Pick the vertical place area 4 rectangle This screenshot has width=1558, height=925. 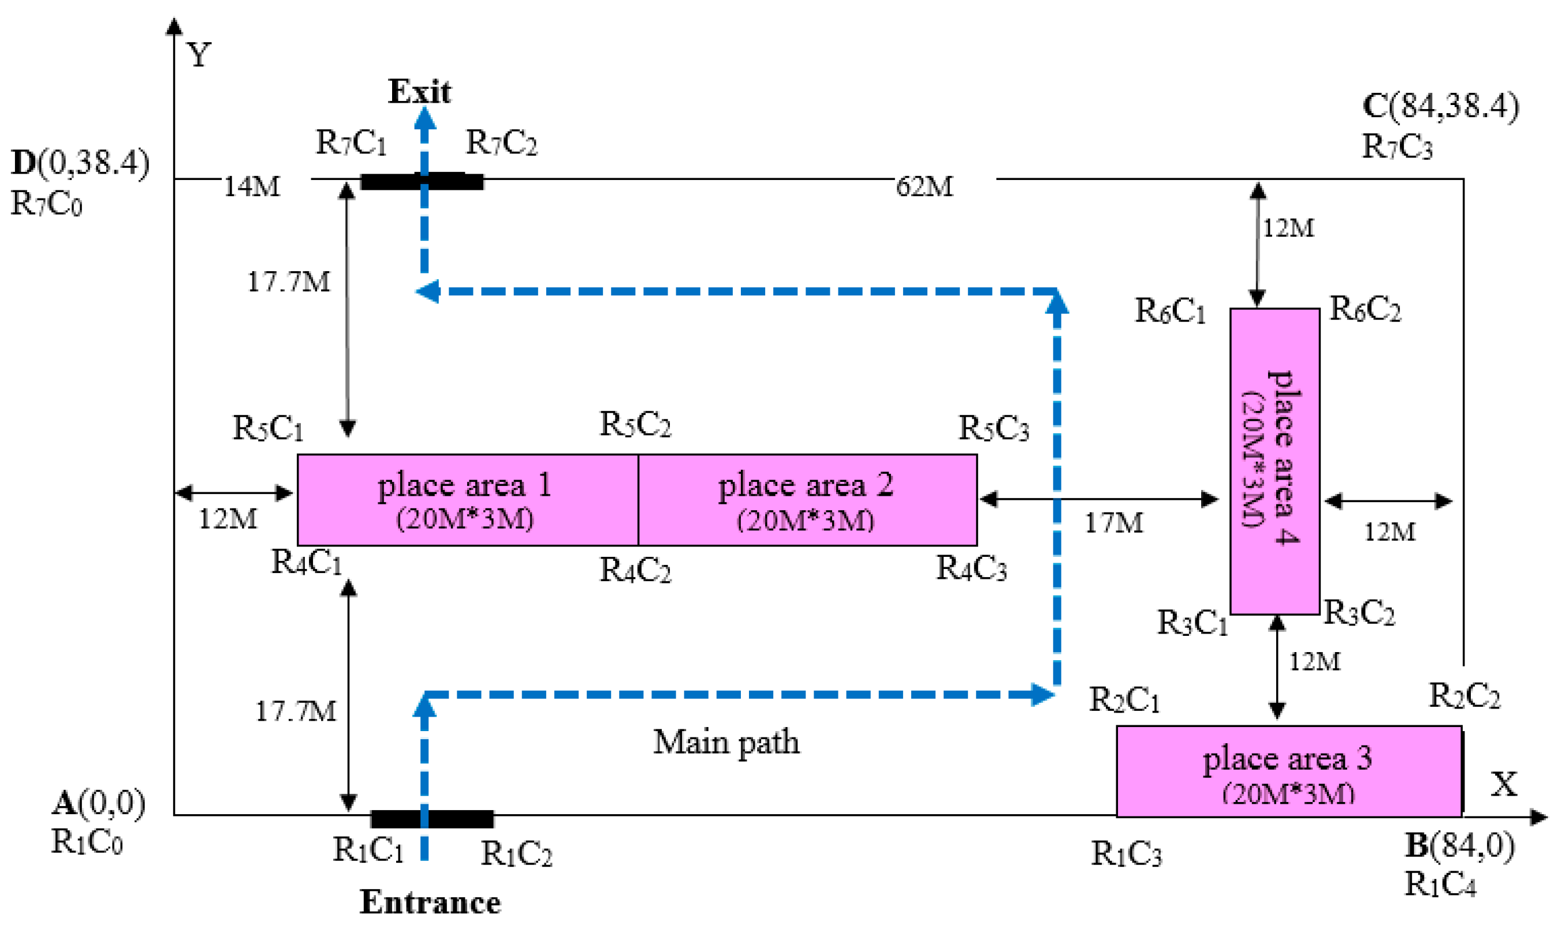1274,461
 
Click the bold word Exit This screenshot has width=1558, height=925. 419,92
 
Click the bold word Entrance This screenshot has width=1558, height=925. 430,902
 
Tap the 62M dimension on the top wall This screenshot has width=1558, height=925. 925,186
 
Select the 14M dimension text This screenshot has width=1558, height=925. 252,186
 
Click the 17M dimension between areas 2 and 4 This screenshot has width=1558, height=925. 1114,522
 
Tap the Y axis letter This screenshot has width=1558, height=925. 199,55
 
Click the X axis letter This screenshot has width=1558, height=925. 1504,784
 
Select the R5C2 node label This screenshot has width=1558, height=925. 635,424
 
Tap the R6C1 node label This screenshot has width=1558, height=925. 1169,310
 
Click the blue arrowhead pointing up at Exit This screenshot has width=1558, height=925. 425,118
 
